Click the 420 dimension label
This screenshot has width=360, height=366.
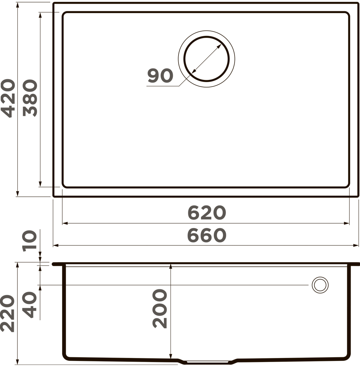[x=8, y=98]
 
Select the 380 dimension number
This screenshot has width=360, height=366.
[x=30, y=98]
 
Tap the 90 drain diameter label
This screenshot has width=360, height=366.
[x=160, y=76]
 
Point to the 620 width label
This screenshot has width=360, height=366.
[x=207, y=212]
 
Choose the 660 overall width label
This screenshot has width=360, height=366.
[x=207, y=235]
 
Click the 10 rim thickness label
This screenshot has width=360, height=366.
[x=29, y=241]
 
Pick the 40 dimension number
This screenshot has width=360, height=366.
[x=29, y=305]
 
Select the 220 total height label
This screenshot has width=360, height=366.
[x=8, y=313]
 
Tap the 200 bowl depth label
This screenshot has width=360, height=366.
[x=160, y=309]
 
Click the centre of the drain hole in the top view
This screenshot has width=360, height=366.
[x=207, y=59]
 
